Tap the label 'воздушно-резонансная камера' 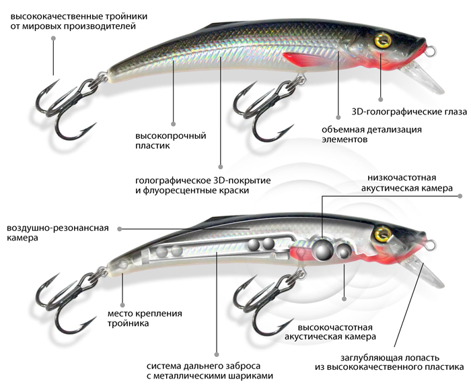(x=58, y=233)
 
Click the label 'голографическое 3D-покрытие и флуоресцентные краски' (x=192, y=186)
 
